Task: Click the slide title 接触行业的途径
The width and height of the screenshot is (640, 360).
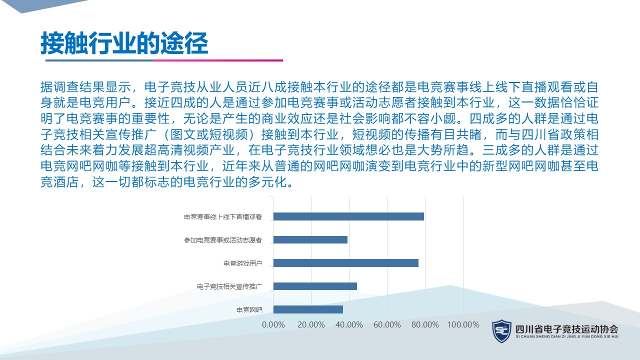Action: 124,43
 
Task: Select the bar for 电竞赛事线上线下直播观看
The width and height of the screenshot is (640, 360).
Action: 348,216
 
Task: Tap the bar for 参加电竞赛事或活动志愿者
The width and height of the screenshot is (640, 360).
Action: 310,239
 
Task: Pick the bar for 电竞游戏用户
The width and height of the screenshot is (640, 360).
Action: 345,263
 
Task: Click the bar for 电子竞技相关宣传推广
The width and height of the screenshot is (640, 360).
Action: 315,286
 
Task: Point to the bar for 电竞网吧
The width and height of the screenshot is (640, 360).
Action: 308,309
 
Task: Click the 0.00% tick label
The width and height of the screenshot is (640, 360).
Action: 273,324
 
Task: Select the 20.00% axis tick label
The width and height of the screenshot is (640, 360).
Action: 311,324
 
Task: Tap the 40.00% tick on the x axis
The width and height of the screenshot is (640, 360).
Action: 349,324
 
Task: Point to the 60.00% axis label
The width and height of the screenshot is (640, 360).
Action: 387,324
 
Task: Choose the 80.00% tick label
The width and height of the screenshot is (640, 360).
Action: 425,324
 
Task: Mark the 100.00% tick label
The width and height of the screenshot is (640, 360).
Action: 463,324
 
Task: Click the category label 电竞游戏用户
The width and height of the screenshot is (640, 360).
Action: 243,263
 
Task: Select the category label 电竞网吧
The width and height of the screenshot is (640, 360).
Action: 249,309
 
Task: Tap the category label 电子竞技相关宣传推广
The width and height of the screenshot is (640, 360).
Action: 229,286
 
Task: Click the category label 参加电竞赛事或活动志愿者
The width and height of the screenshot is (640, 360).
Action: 223,240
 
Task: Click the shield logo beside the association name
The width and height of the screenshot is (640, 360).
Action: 501,331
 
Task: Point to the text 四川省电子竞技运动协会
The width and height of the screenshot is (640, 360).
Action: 567,329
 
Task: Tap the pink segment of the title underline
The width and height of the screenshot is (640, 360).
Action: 218,60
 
